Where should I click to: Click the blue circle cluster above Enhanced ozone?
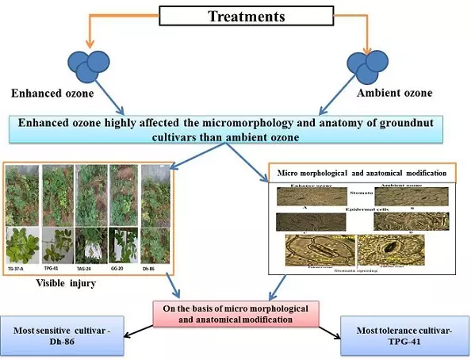point(90,64)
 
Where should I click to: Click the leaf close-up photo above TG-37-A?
point(21,246)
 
